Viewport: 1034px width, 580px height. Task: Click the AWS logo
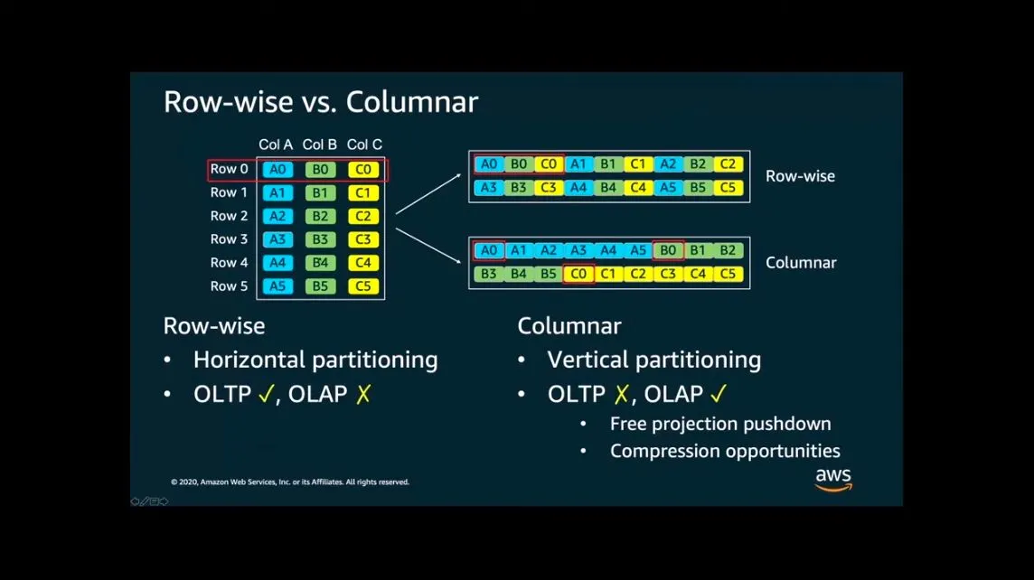833,479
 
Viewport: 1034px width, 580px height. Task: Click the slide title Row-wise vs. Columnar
320,102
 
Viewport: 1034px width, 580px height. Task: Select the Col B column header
319,145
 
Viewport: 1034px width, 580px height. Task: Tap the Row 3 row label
229,239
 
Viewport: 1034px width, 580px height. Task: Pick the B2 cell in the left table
319,216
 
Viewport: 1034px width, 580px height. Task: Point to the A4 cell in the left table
277,263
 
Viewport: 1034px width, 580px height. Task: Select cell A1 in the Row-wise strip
578,164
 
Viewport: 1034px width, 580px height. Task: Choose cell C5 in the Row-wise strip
728,188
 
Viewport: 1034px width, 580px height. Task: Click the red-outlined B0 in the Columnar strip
668,251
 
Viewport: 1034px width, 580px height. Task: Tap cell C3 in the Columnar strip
668,274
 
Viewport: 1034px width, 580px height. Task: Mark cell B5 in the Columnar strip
549,274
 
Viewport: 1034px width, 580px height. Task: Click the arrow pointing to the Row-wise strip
428,194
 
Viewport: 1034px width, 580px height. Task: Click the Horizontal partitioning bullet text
315,360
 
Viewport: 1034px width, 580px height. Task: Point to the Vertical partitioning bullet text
653,360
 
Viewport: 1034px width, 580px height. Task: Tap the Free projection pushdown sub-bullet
719,424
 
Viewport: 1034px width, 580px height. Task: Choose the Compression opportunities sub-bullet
725,451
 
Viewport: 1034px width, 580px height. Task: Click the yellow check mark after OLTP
265,395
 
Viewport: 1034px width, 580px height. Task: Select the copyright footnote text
289,482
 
